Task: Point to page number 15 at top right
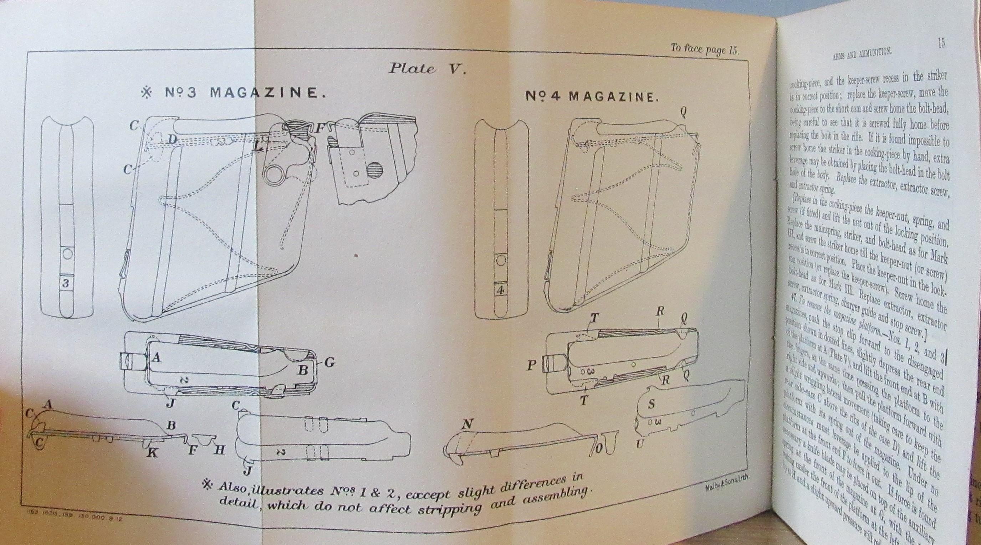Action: [941, 43]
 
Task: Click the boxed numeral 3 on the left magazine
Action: [66, 283]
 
